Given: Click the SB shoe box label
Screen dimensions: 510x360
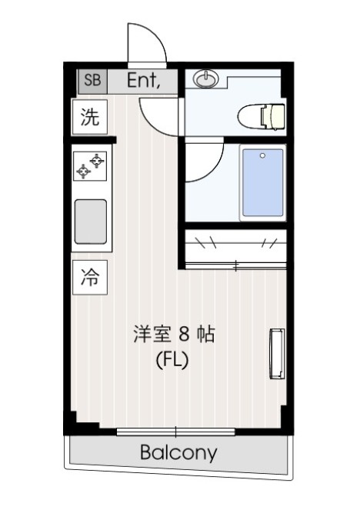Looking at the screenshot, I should (x=92, y=80).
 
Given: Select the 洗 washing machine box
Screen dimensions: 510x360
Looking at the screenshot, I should (x=91, y=118).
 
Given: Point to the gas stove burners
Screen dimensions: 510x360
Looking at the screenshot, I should (x=90, y=165).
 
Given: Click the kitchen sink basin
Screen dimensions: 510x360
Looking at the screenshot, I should (x=90, y=221).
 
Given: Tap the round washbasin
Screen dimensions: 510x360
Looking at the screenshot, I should (x=205, y=78).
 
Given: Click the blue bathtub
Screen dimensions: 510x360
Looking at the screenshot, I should (x=262, y=182).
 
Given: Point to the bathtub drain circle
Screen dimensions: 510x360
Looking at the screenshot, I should (x=262, y=155).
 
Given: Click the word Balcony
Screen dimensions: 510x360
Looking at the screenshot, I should (x=178, y=452).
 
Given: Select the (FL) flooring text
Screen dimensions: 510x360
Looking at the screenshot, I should (x=172, y=358).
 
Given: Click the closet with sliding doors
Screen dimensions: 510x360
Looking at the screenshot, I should (x=235, y=246).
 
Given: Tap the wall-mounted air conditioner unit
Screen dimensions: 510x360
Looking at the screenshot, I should (x=275, y=352).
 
